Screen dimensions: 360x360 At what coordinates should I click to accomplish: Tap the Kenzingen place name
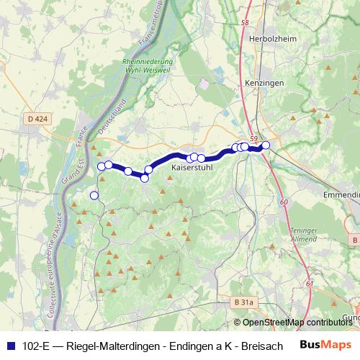[264, 84]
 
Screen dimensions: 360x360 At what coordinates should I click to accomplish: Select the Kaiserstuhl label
[191, 168]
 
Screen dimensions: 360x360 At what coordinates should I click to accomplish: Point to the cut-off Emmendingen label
[341, 194]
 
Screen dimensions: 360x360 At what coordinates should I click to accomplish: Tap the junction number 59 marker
[253, 138]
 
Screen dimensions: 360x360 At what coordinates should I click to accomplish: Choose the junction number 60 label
[284, 202]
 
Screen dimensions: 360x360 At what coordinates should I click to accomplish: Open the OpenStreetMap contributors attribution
[296, 323]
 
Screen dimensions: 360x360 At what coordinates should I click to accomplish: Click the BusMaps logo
[325, 346]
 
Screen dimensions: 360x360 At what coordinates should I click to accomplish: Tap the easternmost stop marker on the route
[266, 145]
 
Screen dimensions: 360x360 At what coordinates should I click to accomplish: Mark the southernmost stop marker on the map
[94, 195]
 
